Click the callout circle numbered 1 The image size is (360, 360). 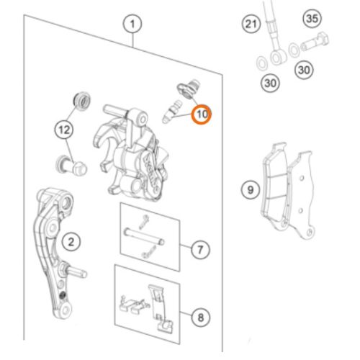[x=132, y=24]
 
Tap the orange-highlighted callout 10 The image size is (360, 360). [x=201, y=114]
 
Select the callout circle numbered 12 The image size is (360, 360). [x=64, y=130]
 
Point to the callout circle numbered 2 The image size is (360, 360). [x=71, y=242]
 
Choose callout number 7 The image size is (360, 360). [x=200, y=250]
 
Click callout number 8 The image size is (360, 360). [x=201, y=318]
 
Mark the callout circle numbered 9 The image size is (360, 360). [x=251, y=190]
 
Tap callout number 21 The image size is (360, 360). [x=251, y=24]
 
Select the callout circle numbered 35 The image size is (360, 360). [x=312, y=19]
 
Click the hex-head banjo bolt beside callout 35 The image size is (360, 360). [x=315, y=42]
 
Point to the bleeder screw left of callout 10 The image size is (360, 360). [x=172, y=112]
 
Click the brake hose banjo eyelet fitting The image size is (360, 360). [x=279, y=57]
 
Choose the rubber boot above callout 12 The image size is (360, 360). [x=82, y=100]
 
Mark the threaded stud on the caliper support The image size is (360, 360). [x=76, y=272]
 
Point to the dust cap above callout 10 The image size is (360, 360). [x=189, y=89]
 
